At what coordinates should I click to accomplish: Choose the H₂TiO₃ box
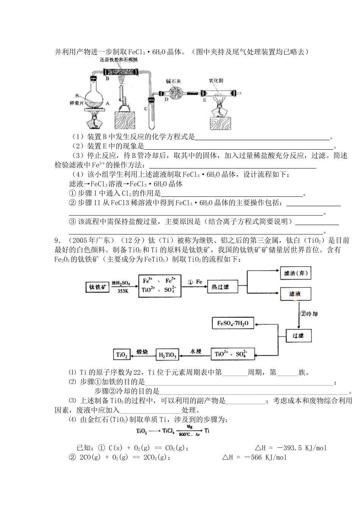(167, 355)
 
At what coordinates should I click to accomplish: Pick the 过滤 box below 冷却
(295, 336)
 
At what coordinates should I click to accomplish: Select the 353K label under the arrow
(123, 291)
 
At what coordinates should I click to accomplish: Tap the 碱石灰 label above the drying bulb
(174, 81)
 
